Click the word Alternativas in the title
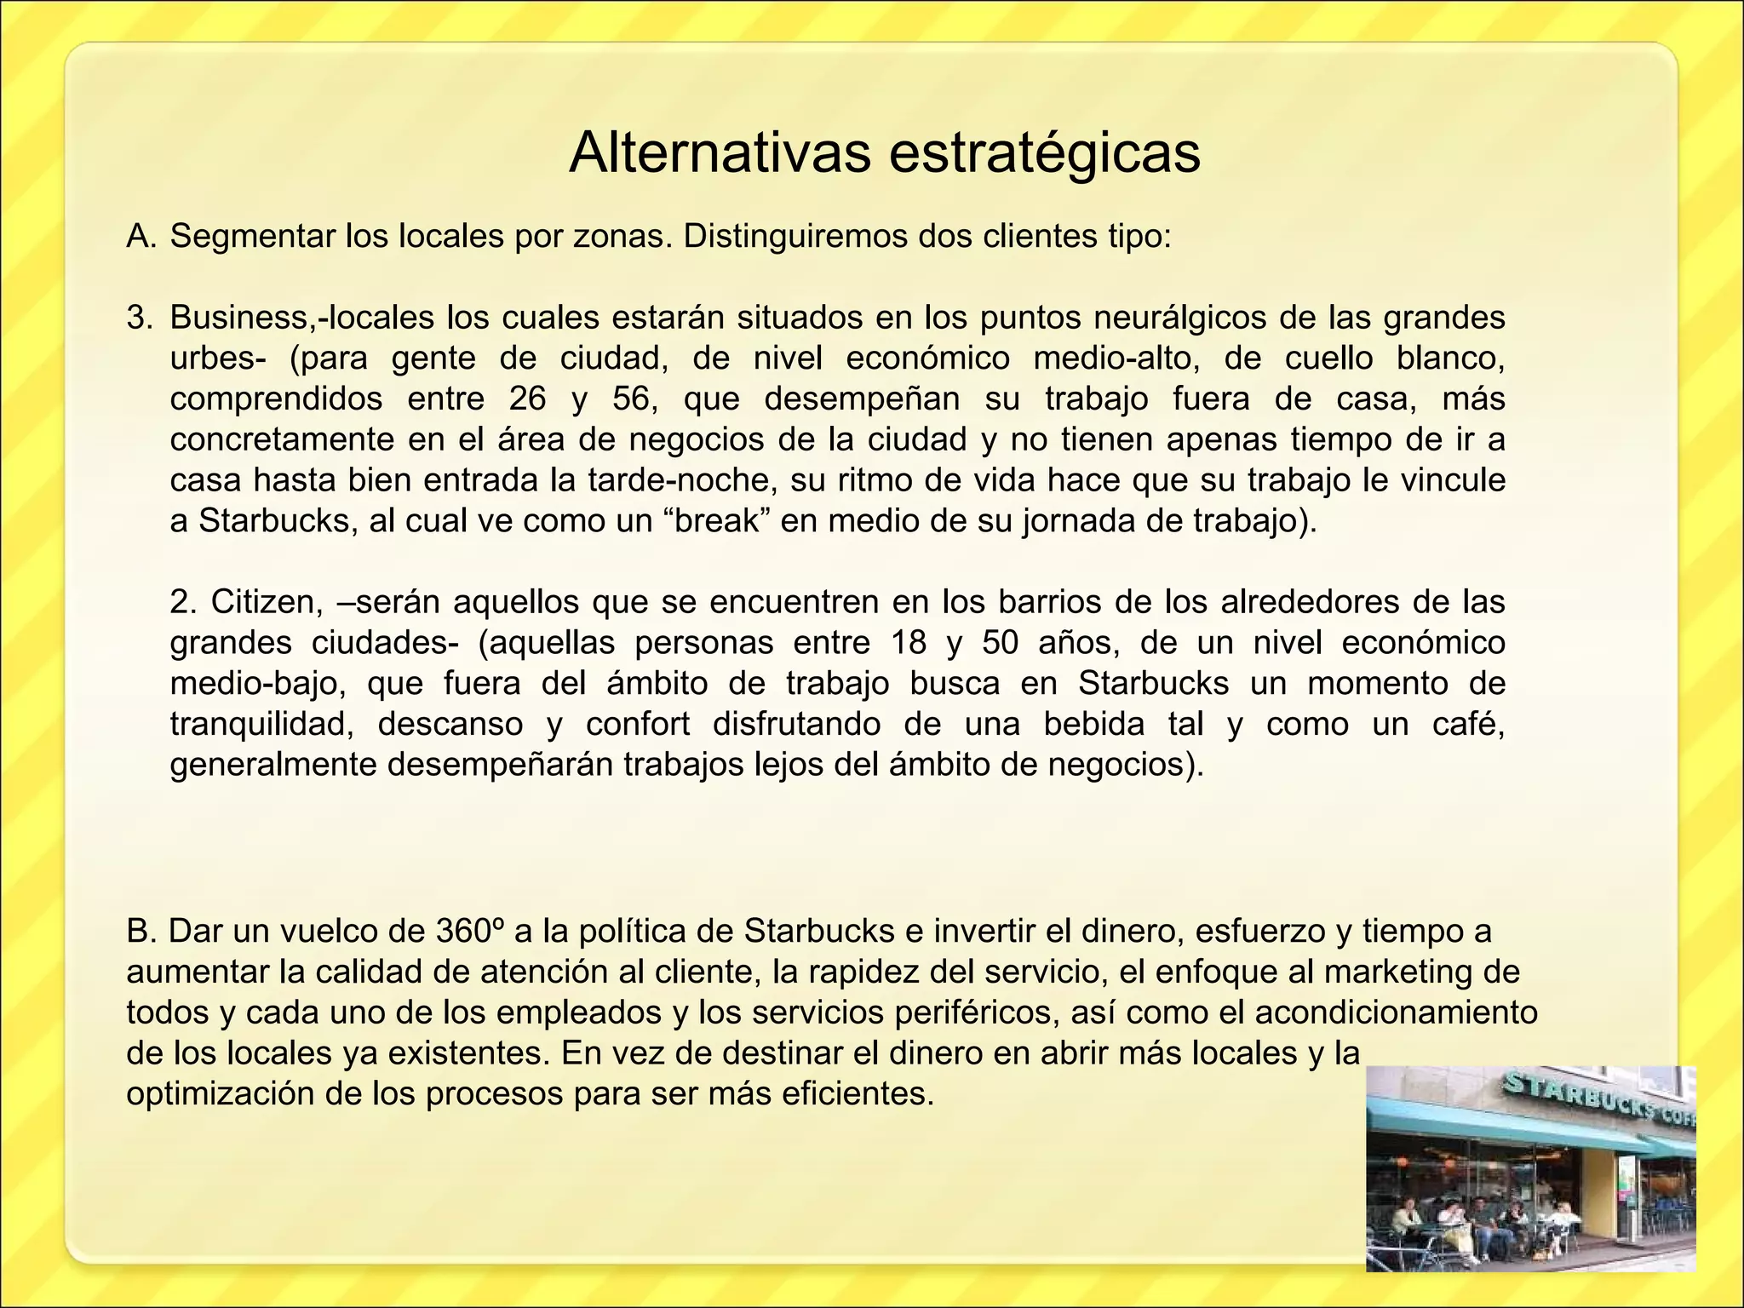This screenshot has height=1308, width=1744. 720,153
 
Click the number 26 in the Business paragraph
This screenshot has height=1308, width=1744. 528,399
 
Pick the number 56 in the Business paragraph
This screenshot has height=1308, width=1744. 631,399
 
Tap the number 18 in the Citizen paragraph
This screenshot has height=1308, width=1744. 908,642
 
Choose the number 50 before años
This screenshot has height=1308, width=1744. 1000,642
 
